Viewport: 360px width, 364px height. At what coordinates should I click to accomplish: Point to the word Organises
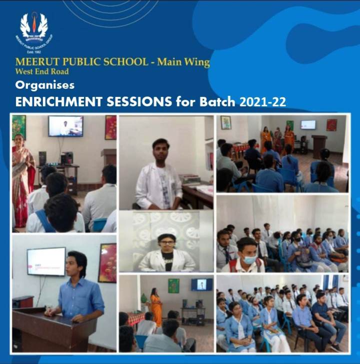[44, 85]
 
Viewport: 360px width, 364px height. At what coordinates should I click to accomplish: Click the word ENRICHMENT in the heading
[58, 102]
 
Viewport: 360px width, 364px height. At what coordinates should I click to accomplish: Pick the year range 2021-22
[262, 102]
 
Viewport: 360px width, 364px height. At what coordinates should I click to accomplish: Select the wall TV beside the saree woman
[65, 126]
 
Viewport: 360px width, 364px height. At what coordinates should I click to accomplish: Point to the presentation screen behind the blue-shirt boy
[46, 261]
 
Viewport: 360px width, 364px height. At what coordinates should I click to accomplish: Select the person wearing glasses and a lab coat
[166, 252]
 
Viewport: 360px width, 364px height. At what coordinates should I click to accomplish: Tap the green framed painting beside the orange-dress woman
[173, 286]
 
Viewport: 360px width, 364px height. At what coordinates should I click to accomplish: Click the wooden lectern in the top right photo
[318, 146]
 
